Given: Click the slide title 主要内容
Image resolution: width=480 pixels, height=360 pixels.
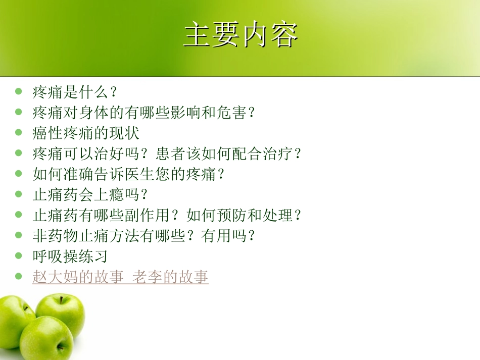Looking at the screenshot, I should [241, 34].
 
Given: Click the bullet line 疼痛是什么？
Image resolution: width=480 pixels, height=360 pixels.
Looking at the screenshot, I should [75, 92].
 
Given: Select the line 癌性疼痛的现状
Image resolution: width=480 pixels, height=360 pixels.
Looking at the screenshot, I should [86, 133].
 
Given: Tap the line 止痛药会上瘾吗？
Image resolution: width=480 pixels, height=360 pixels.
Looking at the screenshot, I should [90, 194].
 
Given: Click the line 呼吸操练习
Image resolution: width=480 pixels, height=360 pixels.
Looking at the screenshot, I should [70, 256].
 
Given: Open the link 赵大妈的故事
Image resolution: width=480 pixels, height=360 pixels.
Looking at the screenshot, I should [78, 277].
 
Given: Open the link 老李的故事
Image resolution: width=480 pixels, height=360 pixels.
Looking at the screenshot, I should [171, 277].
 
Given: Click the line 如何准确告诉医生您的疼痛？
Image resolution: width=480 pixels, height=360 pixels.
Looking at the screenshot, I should [128, 174].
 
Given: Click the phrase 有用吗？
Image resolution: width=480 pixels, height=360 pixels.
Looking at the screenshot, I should [228, 236].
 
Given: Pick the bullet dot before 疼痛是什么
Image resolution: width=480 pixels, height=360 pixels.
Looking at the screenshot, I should [19, 91].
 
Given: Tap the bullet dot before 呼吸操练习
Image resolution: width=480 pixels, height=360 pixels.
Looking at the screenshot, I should [19, 255].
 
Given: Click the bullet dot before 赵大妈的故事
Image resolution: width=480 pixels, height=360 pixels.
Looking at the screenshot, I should [19, 276].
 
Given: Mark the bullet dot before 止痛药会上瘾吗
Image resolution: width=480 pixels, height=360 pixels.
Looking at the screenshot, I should [19, 194].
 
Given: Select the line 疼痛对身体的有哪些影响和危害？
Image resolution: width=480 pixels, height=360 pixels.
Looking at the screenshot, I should [144, 113].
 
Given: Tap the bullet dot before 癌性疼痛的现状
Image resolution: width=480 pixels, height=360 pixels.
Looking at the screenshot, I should [19, 133].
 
